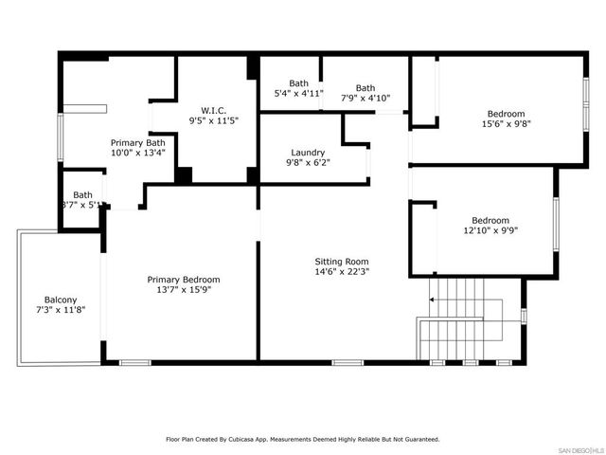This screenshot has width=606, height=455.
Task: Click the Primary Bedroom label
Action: [x=184, y=280]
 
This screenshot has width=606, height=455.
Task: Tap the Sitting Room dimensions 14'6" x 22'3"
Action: [x=342, y=273]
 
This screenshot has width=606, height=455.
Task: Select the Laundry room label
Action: [x=309, y=153]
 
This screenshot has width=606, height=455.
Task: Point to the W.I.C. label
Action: [x=214, y=109]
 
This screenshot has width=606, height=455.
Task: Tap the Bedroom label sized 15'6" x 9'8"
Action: [x=506, y=114]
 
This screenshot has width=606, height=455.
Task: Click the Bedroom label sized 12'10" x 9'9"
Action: [x=490, y=220]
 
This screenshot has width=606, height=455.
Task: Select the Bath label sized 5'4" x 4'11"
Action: [x=299, y=83]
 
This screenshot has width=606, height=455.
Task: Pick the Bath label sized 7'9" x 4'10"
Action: [x=365, y=88]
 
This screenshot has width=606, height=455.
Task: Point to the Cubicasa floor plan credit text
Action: [x=303, y=439]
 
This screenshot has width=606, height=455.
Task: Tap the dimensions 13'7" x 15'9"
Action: [x=184, y=291]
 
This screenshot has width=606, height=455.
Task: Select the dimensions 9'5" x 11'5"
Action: [x=214, y=120]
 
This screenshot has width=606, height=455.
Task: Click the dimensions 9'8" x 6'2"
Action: [x=309, y=163]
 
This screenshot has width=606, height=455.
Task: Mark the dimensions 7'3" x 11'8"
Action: [x=62, y=310]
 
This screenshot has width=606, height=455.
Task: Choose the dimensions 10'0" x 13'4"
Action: [x=139, y=153]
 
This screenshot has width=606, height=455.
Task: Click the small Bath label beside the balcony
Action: [x=83, y=194]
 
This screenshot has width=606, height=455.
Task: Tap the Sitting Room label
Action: [x=342, y=262]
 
